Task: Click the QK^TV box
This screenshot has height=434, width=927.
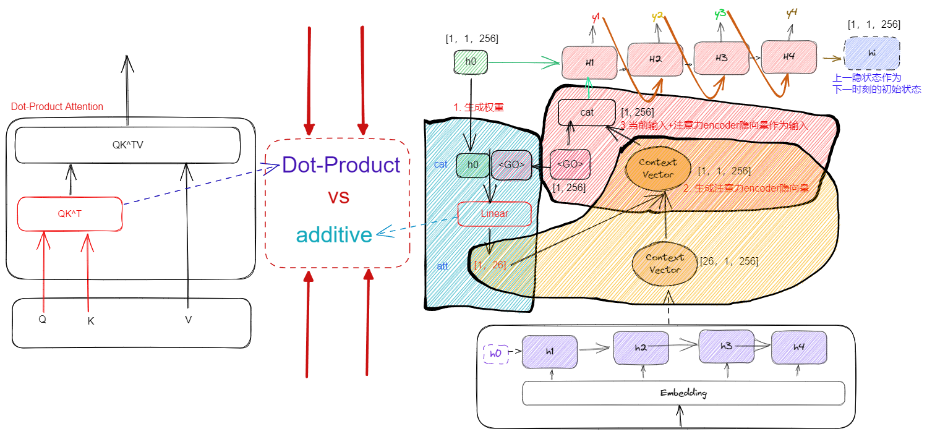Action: [127, 145]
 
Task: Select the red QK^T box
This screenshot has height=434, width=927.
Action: [69, 213]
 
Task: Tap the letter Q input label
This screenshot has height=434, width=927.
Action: [43, 320]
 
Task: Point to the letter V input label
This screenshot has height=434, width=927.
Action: [188, 320]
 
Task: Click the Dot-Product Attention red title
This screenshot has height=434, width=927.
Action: [57, 106]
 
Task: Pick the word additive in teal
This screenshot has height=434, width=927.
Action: [334, 235]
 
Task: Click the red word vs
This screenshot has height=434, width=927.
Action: [338, 197]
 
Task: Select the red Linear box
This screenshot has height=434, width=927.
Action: [494, 214]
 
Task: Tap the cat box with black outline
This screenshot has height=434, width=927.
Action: [586, 112]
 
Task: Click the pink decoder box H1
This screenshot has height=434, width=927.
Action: [589, 62]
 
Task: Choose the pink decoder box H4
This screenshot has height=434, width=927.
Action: [788, 57]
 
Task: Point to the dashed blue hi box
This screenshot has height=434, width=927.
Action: [872, 53]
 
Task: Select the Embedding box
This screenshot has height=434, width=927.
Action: [683, 393]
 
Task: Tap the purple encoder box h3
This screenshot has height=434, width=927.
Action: [726, 346]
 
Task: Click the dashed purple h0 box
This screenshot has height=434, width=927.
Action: [495, 354]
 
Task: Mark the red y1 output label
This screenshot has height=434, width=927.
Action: [596, 18]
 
